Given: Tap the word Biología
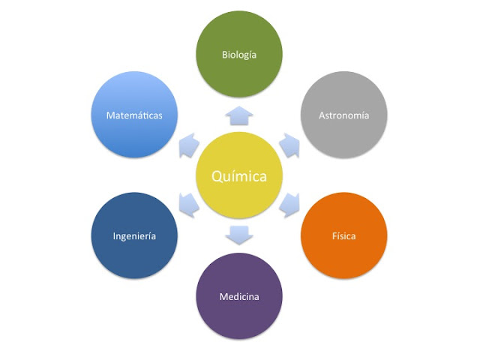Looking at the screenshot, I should [239, 55].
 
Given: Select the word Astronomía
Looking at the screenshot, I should [343, 115].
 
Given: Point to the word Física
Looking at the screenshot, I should [343, 236].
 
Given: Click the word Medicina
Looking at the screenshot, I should [239, 297].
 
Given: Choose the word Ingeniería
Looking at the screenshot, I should [134, 236].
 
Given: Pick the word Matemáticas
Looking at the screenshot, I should [134, 115].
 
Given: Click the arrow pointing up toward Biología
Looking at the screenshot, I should [239, 115].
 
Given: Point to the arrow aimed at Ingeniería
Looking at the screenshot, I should [189, 203].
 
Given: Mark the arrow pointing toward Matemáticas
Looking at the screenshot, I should [188, 144].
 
